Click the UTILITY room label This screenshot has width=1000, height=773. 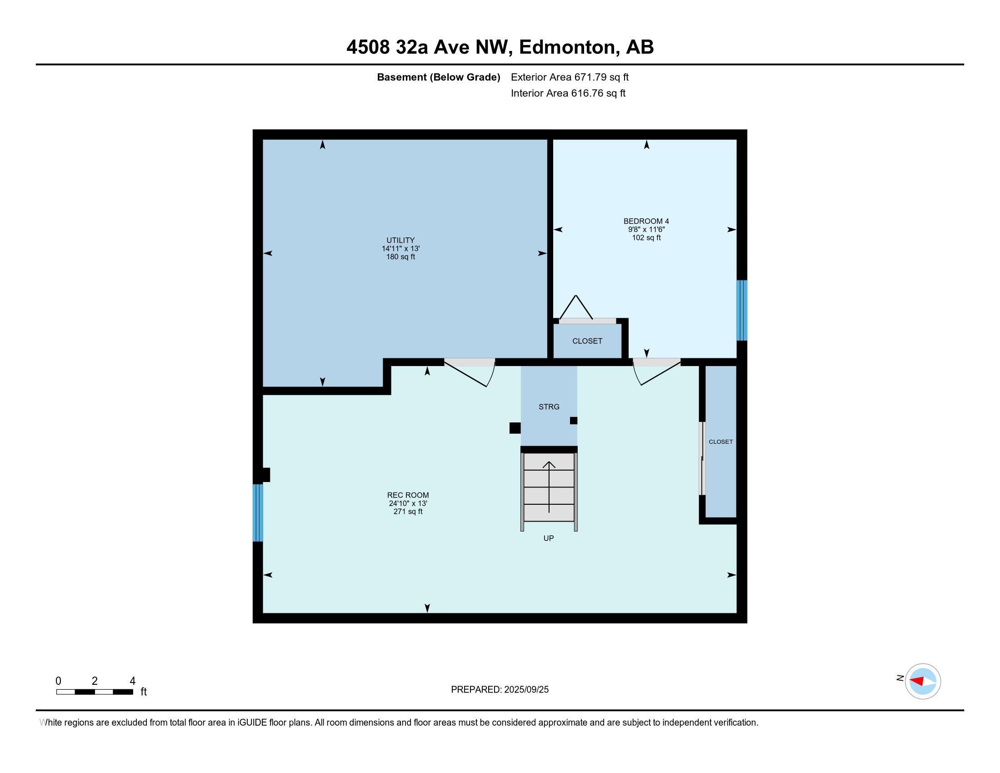coord(400,240)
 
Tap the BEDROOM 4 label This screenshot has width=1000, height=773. coord(646,221)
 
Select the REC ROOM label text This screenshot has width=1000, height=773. coord(408,495)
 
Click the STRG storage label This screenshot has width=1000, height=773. coord(549,407)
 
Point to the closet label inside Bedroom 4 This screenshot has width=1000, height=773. coord(587,341)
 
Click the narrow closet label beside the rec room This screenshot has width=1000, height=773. coord(720,442)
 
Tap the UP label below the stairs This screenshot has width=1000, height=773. coord(548,538)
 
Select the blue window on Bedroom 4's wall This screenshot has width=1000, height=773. coord(741,311)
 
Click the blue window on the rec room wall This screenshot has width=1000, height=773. coord(258,512)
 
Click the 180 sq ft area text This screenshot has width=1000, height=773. coord(400,257)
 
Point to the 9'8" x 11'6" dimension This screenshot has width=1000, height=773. coord(646,230)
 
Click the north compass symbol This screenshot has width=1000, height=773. coord(922,681)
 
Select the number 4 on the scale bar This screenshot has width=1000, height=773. coord(132,681)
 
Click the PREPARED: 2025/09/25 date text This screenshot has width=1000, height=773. coord(500,690)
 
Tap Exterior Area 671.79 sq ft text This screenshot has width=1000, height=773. coord(570,77)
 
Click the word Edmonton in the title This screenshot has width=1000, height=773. coord(567,47)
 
